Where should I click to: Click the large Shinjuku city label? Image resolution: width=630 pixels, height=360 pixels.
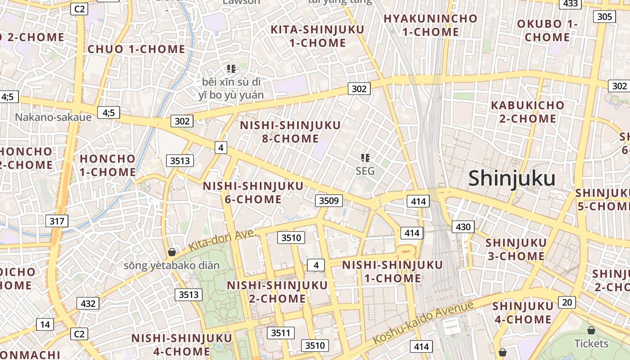[512, 179]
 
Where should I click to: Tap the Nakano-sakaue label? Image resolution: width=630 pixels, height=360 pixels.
[53, 117]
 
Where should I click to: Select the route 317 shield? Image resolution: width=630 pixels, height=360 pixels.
[57, 221]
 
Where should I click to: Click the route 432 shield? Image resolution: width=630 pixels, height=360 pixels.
[88, 303]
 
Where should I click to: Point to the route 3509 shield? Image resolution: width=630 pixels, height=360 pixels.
[328, 201]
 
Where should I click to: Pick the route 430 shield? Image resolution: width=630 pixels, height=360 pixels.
[463, 227]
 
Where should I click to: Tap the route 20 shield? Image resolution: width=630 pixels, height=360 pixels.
[567, 302]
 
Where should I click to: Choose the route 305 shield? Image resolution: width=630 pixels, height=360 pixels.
[605, 17]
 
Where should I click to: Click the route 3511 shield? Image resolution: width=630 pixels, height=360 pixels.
[281, 333]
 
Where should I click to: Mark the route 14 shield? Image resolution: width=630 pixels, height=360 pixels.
[45, 324]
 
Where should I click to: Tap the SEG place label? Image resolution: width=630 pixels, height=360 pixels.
[365, 171]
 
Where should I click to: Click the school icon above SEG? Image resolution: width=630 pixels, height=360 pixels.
[365, 157]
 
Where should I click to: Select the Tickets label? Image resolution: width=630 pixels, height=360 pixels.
[591, 343]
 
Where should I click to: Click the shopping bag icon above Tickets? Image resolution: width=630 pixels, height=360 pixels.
[591, 330]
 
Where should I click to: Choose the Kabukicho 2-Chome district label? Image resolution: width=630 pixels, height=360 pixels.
[527, 112]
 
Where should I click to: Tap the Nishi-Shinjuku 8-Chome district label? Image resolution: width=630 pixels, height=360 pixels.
[290, 131]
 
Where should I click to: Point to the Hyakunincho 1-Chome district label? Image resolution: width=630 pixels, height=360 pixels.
[430, 25]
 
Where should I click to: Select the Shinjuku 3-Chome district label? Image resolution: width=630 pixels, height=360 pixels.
[516, 249]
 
